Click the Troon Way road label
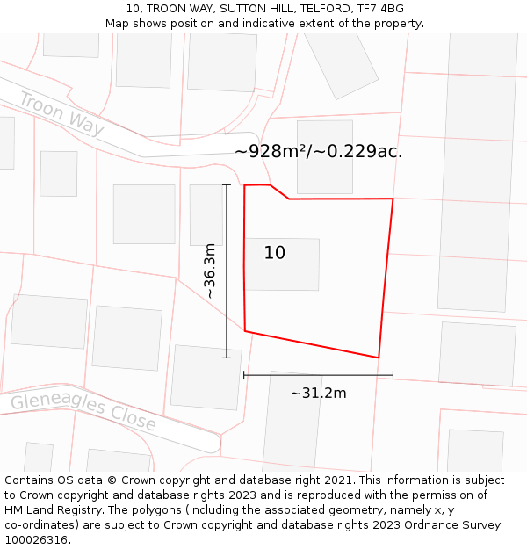tap(61, 114)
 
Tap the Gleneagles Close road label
tap(83, 412)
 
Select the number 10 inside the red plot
tap(275, 253)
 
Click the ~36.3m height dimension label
tap(210, 271)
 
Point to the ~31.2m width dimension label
tap(318, 393)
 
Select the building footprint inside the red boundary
tap(282, 264)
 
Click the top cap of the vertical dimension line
tap(227, 185)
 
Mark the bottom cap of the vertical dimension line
tap(227, 358)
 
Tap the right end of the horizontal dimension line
tap(393, 375)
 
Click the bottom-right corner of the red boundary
tap(379, 358)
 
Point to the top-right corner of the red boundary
tap(393, 199)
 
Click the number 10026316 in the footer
tap(36, 539)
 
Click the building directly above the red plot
tap(324, 156)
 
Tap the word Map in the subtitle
tap(119, 24)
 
